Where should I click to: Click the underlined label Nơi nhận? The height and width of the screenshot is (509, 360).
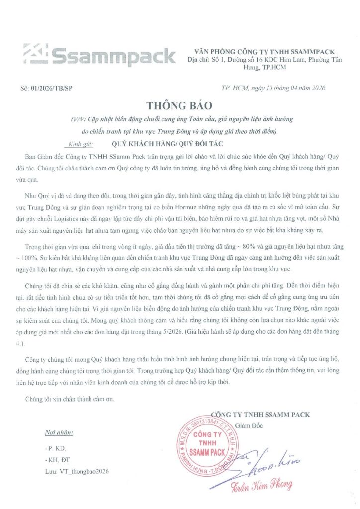(x=59, y=432)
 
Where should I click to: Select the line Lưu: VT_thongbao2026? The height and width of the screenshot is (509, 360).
(x=77, y=470)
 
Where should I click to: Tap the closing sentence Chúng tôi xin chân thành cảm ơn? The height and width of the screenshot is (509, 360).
(x=70, y=398)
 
